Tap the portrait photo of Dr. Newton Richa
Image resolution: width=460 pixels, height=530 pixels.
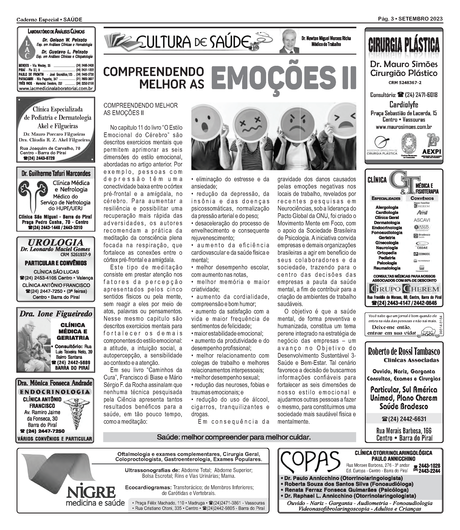[289, 41]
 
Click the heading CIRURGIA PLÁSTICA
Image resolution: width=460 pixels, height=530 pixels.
[404, 45]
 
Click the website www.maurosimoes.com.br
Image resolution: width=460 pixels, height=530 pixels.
[404, 127]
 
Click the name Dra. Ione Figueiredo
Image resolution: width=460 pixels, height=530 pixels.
[56, 314]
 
